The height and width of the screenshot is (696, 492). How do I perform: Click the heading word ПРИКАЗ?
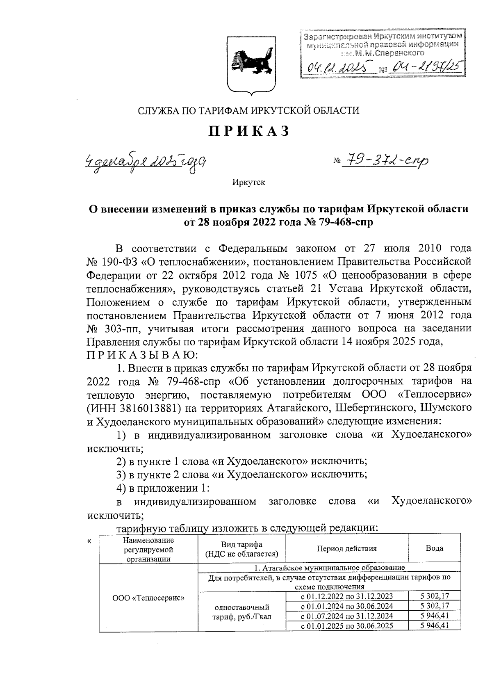(x=250, y=131)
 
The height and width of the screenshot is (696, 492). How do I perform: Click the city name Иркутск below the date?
(x=248, y=182)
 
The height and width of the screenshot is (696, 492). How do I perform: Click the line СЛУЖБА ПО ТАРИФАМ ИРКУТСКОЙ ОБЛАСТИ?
(x=248, y=110)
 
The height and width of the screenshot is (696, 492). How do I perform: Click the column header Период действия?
(x=346, y=548)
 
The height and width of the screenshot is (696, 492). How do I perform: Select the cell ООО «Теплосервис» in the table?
(x=148, y=598)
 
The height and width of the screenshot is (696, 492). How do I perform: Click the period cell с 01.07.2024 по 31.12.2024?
(x=347, y=616)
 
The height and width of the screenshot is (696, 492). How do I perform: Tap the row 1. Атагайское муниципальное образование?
(x=329, y=568)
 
